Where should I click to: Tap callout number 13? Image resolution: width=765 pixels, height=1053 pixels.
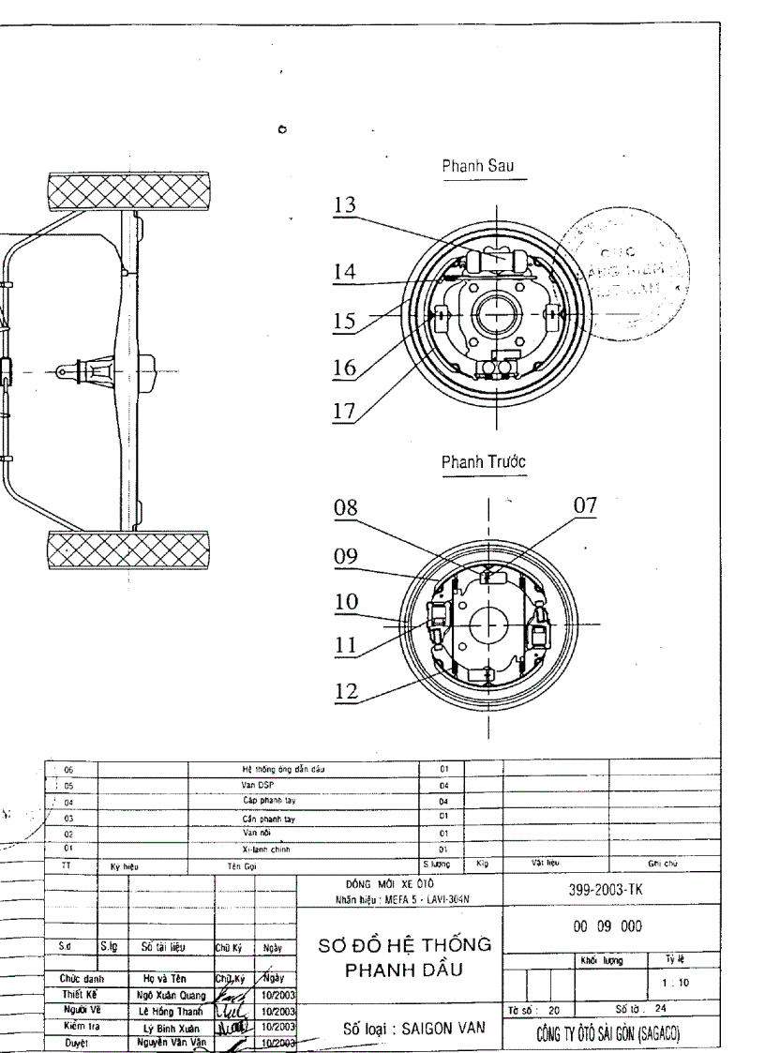346,205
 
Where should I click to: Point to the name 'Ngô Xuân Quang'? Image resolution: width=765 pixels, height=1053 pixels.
167,998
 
